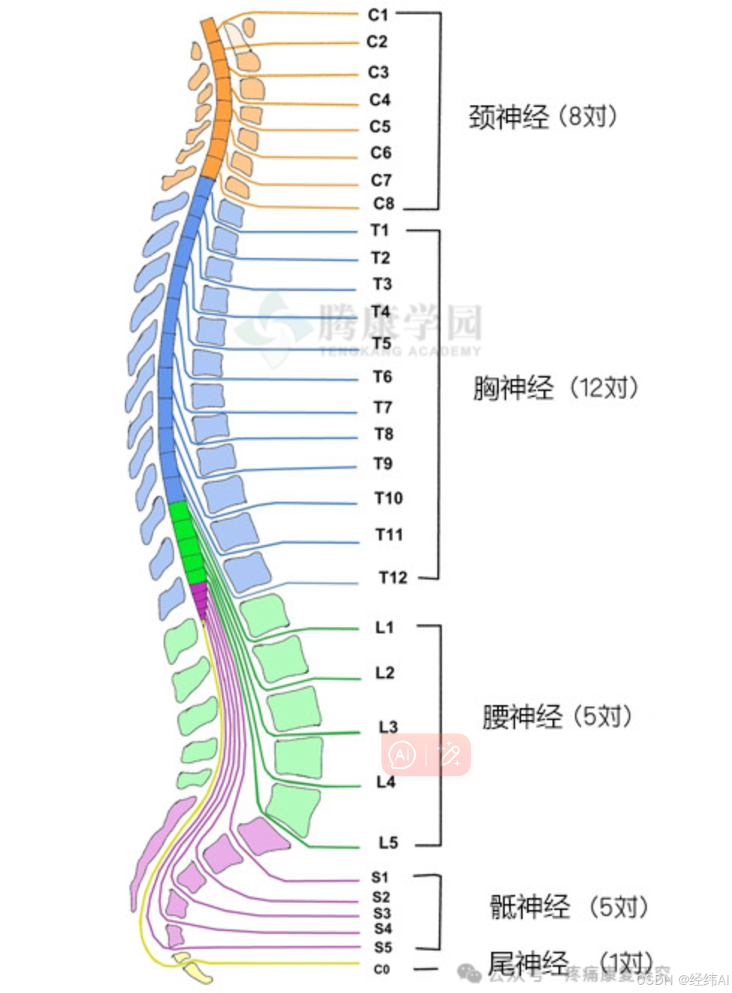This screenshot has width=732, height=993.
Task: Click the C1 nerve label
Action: pyautogui.click(x=378, y=14)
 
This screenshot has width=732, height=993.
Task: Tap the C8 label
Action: pyautogui.click(x=384, y=203)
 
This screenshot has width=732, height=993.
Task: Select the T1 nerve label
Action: pyautogui.click(x=380, y=230)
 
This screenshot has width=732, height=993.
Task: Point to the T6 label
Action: pyautogui.click(x=383, y=377)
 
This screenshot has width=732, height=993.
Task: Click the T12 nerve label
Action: pyautogui.click(x=393, y=577)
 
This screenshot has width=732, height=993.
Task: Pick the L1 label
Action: pyautogui.click(x=384, y=627)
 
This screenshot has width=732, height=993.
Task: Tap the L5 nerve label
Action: pyautogui.click(x=388, y=843)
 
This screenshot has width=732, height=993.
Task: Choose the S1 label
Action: pyautogui.click(x=381, y=877)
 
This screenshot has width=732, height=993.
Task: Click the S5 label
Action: pyautogui.click(x=383, y=947)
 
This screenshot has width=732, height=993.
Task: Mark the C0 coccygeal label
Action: pyautogui.click(x=381, y=969)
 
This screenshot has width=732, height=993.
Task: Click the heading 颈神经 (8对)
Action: pyautogui.click(x=543, y=117)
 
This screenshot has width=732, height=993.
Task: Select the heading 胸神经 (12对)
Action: pyautogui.click(x=556, y=388)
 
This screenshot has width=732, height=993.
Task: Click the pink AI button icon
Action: pyautogui.click(x=402, y=754)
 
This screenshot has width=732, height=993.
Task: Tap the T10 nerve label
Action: pyautogui.click(x=389, y=498)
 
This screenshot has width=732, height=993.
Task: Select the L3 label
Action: pyautogui.click(x=388, y=727)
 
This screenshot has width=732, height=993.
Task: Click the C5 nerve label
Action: pyautogui.click(x=380, y=126)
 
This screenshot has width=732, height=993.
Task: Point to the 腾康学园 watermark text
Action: pyautogui.click(x=400, y=323)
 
